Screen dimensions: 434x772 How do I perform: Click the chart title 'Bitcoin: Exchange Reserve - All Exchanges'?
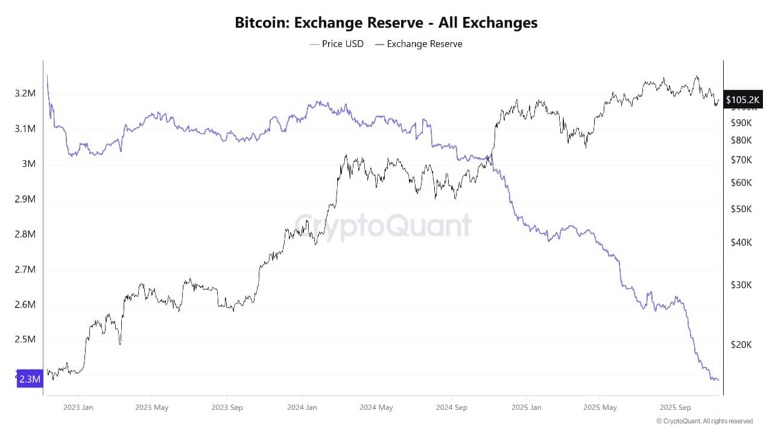(x=386, y=23)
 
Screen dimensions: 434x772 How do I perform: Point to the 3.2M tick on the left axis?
(x=25, y=93)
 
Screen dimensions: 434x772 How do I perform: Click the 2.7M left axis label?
(x=25, y=269)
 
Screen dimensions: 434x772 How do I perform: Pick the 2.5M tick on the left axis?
(x=25, y=339)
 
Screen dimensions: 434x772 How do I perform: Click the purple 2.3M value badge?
(x=30, y=379)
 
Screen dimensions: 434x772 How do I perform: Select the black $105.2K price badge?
(x=744, y=99)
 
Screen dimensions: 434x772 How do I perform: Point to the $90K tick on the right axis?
(x=740, y=123)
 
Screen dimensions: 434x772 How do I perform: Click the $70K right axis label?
(x=740, y=160)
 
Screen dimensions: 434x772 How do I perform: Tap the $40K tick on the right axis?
(x=740, y=243)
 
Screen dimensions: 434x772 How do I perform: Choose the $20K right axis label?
(x=740, y=345)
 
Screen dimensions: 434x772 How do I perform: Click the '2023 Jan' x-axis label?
(x=78, y=407)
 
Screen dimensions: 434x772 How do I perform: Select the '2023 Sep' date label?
(x=227, y=407)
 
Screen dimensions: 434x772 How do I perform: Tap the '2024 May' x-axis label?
(x=376, y=407)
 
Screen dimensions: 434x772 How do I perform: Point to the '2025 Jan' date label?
(x=526, y=407)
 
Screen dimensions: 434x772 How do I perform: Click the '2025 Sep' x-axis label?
(x=675, y=407)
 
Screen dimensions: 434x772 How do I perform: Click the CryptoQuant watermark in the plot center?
(x=383, y=225)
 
